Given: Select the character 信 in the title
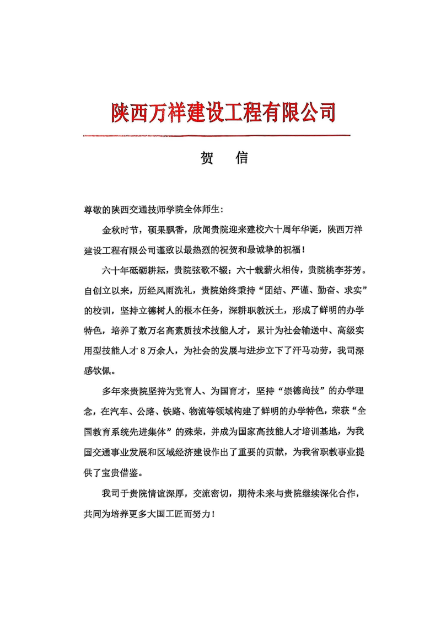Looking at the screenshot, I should point(241,158).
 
